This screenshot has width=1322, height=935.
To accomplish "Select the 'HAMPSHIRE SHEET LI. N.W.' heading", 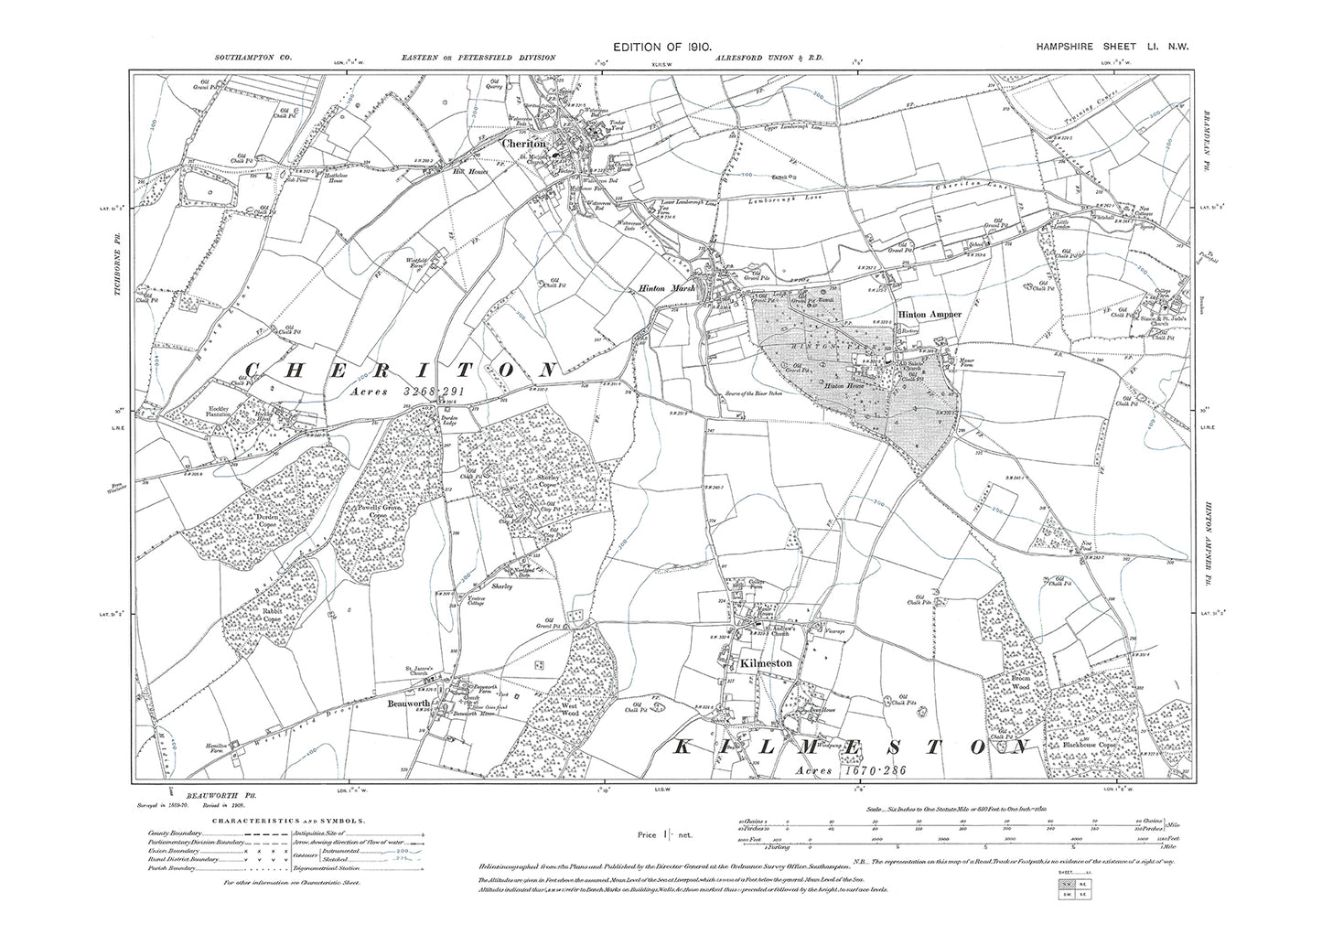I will (x=1112, y=45).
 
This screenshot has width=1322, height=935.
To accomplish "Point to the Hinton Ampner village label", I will (x=930, y=314).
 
